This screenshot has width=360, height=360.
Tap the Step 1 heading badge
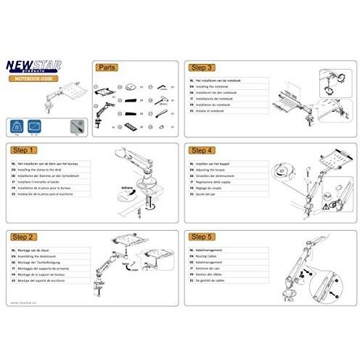pos(25,150)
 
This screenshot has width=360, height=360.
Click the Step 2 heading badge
pos(25,236)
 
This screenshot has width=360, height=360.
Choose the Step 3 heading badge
pos(201,66)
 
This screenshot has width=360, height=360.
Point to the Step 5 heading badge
pos(201,236)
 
